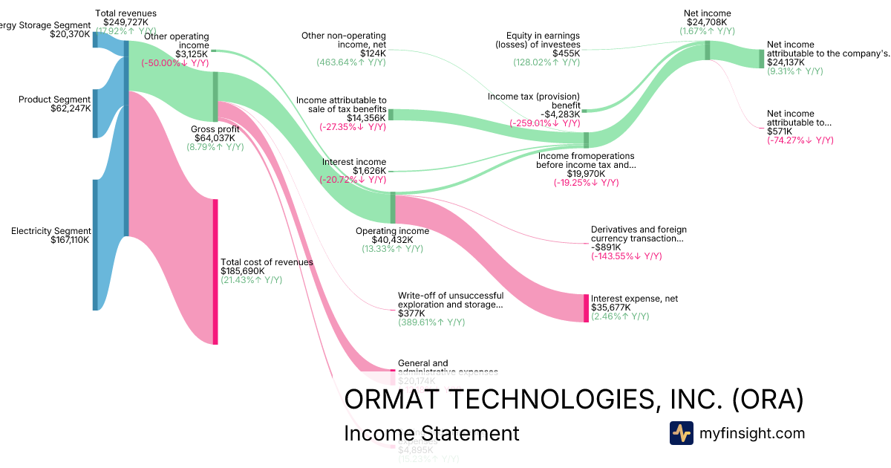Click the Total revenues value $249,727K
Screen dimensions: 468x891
[x=125, y=22]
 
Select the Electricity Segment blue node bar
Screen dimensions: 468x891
[x=95, y=244]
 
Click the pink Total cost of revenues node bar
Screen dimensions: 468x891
[x=215, y=272]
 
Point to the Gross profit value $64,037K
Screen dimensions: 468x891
[x=215, y=137]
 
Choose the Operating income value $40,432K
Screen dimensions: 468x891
[x=392, y=240]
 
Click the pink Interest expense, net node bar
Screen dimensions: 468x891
[x=586, y=308]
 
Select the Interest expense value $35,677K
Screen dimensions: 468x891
[x=611, y=308]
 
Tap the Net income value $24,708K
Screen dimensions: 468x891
[x=707, y=22]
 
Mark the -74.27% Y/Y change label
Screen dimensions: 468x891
[x=800, y=140]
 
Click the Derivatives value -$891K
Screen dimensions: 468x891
[x=608, y=247]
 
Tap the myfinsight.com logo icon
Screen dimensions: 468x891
[x=681, y=433]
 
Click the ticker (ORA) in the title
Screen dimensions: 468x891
[x=767, y=400]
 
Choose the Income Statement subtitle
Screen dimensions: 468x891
[x=431, y=434]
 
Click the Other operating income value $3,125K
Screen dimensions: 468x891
[x=192, y=54]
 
